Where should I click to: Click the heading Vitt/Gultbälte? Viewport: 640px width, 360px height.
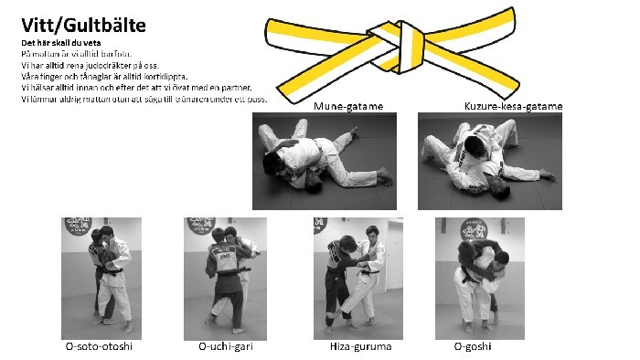tap(83, 26)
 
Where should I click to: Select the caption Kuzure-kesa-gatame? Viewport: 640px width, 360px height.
tap(513, 106)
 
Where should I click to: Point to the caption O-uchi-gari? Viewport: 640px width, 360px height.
tap(226, 347)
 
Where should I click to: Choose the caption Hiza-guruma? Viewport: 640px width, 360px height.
tap(358, 347)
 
